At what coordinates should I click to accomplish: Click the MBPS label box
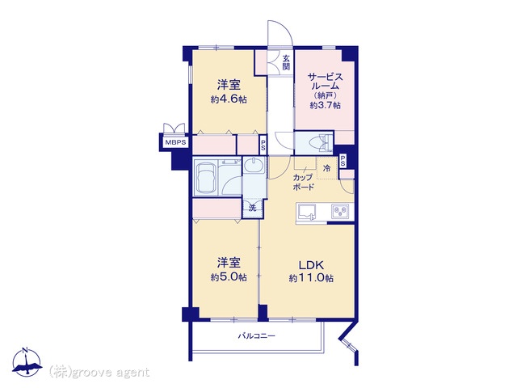point(176,143)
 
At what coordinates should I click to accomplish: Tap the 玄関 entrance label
point(286,63)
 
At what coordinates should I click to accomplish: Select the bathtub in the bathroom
point(206,178)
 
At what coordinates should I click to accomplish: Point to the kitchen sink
point(307,212)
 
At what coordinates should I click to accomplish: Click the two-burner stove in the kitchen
point(340,211)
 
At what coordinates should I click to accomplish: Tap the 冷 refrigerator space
point(326,168)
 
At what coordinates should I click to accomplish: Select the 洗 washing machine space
point(253,208)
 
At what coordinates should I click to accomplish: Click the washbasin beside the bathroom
point(255,165)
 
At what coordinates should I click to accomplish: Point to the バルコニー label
point(257,336)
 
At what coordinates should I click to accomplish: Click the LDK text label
point(311,265)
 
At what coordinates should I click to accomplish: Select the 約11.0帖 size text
point(311,278)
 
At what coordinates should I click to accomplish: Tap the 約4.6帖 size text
point(229,99)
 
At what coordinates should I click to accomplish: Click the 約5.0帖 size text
point(229,276)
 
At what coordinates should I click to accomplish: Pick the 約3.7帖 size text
point(325,105)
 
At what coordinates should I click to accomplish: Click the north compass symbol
point(27,363)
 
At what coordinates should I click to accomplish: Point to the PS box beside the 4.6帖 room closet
point(263,145)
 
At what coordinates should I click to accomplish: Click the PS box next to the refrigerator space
point(343,162)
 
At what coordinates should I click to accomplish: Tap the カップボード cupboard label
point(304,182)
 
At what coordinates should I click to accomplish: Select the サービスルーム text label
point(325,82)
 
